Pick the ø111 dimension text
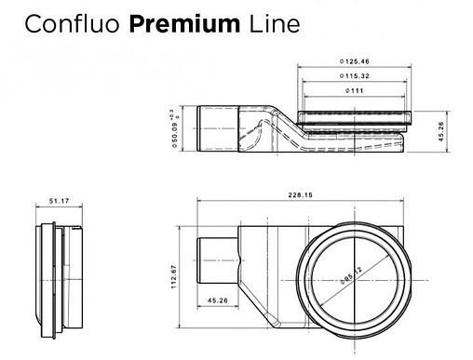[355, 90]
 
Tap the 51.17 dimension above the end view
[60, 200]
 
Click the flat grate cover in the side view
[355, 116]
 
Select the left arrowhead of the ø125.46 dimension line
[300, 69]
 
